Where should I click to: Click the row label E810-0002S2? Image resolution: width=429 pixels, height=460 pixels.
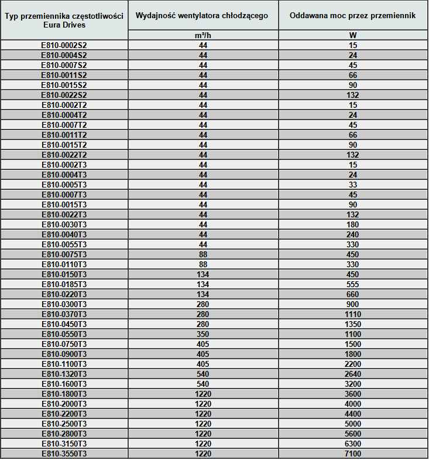click(64, 45)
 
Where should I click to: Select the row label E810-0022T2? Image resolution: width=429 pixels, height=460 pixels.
click(64, 155)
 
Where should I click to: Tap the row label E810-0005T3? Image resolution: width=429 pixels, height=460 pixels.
click(64, 185)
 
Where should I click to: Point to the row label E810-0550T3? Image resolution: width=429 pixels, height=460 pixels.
click(64, 334)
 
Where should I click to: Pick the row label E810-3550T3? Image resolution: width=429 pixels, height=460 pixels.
click(64, 454)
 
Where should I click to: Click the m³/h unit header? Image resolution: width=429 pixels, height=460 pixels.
click(203, 35)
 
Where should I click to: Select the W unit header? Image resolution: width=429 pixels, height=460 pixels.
click(353, 35)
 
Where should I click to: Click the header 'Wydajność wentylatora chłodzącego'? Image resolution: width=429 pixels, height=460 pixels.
click(202, 16)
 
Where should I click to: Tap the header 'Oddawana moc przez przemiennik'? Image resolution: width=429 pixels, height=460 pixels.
click(353, 16)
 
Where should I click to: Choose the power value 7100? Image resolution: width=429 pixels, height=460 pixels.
click(353, 454)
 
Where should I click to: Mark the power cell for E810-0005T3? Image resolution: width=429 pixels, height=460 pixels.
click(353, 185)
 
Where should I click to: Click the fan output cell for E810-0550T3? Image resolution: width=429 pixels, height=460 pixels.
click(203, 334)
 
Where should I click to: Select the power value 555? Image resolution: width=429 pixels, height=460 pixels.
click(353, 284)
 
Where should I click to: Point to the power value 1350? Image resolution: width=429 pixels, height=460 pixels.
click(353, 324)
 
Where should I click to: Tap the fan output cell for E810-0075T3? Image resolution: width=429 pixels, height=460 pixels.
click(203, 254)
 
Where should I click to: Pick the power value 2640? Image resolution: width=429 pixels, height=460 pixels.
click(353, 374)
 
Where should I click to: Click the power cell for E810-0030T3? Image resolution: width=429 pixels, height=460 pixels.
click(353, 224)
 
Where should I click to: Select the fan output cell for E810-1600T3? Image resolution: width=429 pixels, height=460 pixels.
click(203, 384)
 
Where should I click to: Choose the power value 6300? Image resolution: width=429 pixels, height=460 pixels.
click(353, 444)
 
